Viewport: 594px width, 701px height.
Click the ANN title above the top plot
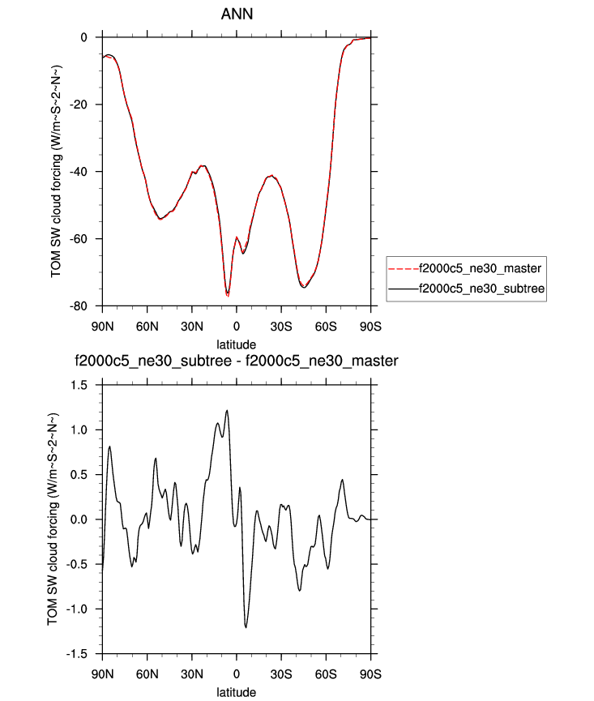[236, 15]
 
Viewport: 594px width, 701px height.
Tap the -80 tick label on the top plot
[79, 306]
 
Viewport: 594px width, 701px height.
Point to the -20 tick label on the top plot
[79, 105]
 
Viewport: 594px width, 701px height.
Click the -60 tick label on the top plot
[79, 238]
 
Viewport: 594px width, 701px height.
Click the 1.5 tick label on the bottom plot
[83, 384]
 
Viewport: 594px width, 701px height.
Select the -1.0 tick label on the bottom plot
[80, 609]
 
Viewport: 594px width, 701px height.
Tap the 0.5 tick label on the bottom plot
[83, 474]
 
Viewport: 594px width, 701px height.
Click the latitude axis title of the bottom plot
[236, 692]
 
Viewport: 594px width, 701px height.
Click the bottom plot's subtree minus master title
[236, 361]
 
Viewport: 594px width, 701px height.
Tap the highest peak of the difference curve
[227, 410]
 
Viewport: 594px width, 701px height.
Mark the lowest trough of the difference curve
[246, 627]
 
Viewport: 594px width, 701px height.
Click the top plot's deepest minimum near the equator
[228, 295]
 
